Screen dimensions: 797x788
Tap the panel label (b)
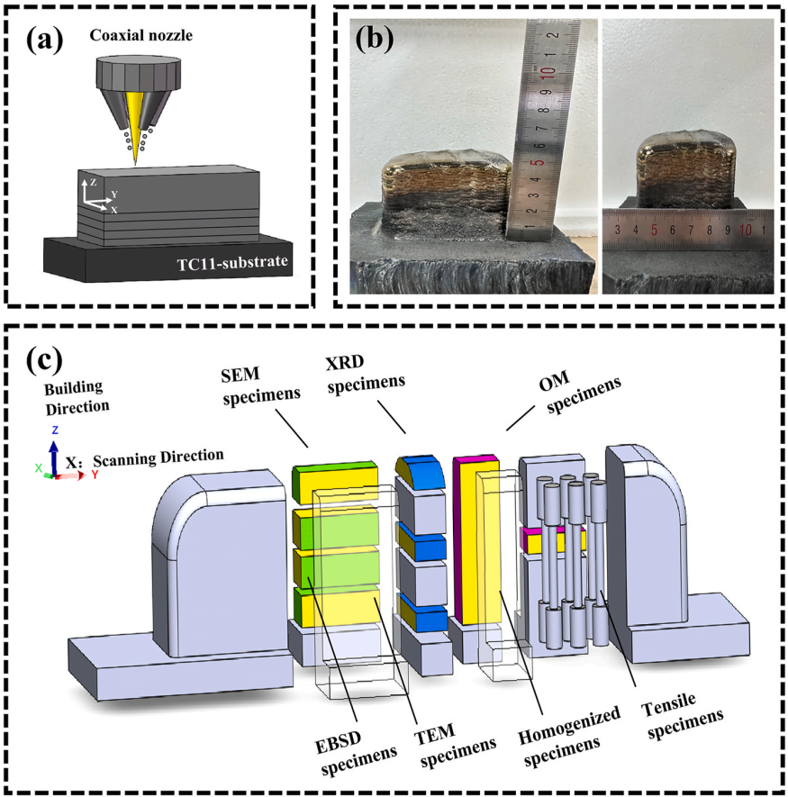pyautogui.click(x=376, y=40)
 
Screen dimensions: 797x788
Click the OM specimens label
pyautogui.click(x=584, y=395)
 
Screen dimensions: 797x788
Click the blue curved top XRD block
pyautogui.click(x=421, y=467)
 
